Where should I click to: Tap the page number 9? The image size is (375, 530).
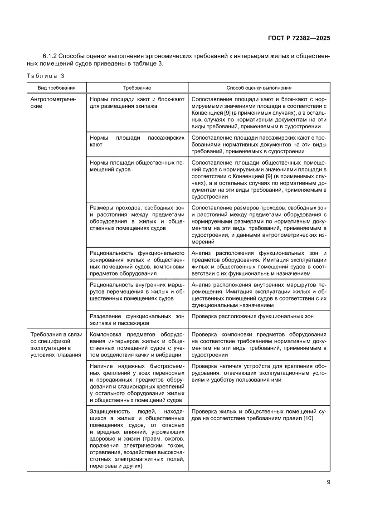coord(328,482)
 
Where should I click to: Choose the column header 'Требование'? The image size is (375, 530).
coord(137,88)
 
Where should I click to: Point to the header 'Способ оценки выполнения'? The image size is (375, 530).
coord(259,88)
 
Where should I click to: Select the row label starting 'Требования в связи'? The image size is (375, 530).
coord(56,345)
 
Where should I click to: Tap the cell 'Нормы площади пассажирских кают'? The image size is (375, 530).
coord(137,141)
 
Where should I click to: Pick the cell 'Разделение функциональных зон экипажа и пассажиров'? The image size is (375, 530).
coord(137,320)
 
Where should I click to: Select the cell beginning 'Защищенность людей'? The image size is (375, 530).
coord(137,439)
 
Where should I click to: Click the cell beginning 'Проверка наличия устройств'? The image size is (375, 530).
coord(259,373)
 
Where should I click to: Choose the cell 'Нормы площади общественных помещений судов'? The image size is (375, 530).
coord(137,166)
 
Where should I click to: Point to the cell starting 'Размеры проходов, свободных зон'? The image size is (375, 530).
coord(137,218)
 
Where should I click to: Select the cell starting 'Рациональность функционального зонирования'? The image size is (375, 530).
coord(137,263)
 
